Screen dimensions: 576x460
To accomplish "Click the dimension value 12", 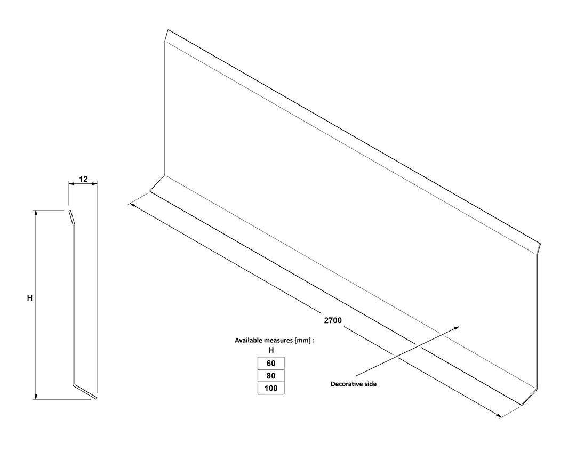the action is tap(83, 179).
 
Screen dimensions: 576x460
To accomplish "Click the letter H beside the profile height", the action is tap(30, 298).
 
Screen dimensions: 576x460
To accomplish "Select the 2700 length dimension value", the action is tap(333, 320).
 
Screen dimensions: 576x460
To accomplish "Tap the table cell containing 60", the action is tap(271, 363).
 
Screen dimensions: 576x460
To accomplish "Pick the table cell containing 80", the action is tap(271, 376).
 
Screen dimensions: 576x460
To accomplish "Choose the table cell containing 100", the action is tap(271, 388).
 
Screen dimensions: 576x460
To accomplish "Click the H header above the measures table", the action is tap(271, 350).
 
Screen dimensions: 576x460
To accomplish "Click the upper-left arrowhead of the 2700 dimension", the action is tap(131, 205).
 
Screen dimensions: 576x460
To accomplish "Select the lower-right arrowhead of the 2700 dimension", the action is tap(499, 416).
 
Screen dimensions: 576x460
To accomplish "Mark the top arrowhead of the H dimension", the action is tap(36, 213).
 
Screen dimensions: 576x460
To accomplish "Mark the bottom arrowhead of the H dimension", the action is tap(36, 396).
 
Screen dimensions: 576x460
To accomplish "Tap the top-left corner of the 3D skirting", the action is tap(168, 30).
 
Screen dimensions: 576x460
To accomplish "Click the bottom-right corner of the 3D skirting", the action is tap(522, 405).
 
